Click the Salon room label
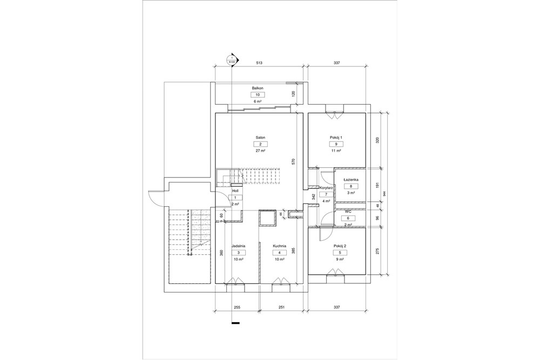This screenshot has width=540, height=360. (x=260, y=138)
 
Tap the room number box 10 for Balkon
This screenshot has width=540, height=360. (x=257, y=94)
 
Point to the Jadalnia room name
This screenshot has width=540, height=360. (x=239, y=246)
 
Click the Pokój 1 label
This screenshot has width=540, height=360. (x=336, y=138)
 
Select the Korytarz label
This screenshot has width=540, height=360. (x=326, y=187)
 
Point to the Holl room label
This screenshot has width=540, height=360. (x=235, y=191)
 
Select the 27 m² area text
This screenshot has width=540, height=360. (x=260, y=151)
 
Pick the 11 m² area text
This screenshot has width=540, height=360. (x=336, y=151)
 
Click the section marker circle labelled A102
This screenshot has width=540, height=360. (x=232, y=60)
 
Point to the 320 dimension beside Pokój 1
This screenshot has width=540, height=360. (x=377, y=140)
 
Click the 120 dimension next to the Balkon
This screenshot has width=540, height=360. (x=293, y=94)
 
